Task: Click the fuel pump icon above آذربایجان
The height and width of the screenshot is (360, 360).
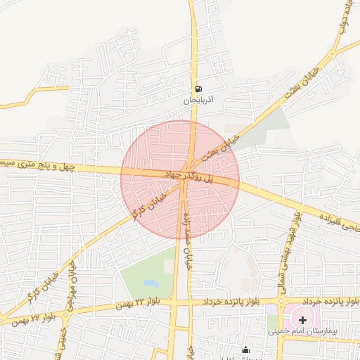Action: pos(199,89)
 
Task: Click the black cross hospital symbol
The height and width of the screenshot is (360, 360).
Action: pos(302,319)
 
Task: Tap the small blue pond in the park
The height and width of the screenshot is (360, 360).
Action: pos(150,284)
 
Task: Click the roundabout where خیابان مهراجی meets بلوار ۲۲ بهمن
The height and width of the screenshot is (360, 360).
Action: pos(65,314)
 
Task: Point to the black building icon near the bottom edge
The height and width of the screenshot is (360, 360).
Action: pos(245,349)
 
